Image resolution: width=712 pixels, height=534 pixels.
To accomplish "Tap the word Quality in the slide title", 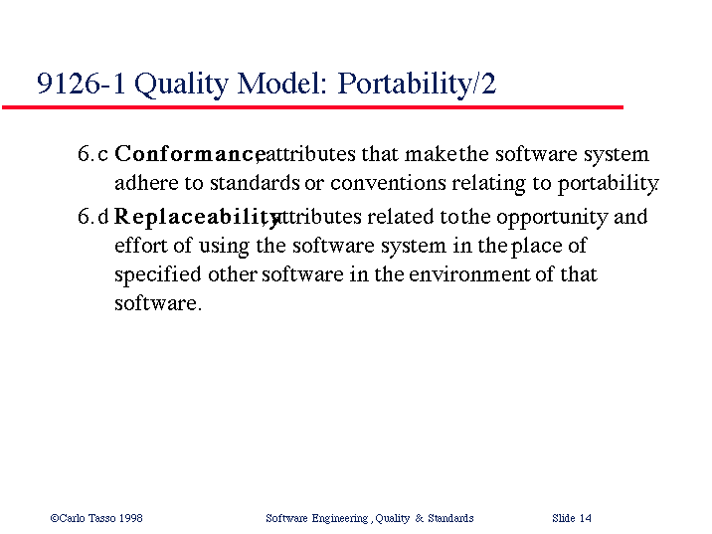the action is pos(182,85).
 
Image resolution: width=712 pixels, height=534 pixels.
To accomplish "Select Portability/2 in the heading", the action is pos(417,85).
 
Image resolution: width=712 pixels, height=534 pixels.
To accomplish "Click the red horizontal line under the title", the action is pos(313,107).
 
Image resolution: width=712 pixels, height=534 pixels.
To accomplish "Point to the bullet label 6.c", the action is pos(92,153).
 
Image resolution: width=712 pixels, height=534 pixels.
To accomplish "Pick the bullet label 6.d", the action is pos(93,216).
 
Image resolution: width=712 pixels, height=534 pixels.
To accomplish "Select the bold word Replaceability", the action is pos(197,218).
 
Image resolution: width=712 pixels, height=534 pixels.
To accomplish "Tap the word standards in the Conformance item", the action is pos(255,183).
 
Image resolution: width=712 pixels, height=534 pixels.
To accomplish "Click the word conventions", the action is pos(388,183).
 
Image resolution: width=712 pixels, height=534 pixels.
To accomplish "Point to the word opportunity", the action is pos(552,218).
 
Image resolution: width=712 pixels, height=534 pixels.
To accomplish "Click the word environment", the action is pos(469,274).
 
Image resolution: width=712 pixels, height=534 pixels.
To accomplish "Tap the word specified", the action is pos(157,275).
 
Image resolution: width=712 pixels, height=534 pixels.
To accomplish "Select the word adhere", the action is pos(146,183).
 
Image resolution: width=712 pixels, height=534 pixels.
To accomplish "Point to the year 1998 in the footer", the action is pos(131,518).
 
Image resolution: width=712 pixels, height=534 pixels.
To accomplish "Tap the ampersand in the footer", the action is pos(419,518).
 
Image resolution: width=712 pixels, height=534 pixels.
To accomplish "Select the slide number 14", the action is pos(586,518).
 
